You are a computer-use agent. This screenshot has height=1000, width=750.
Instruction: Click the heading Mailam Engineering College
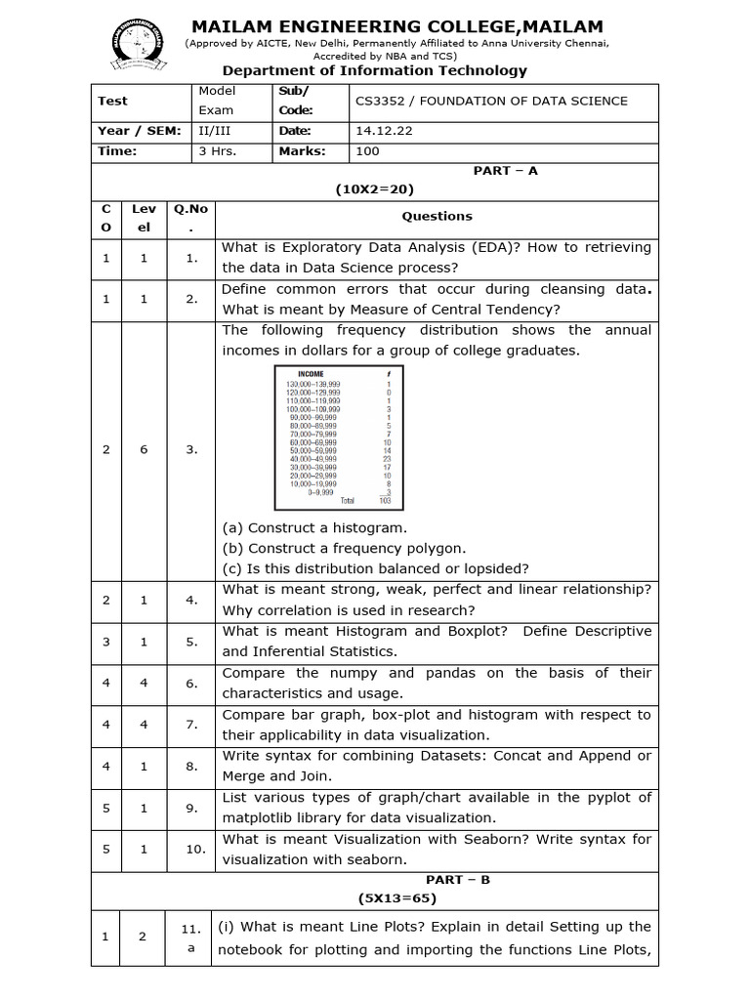point(396,26)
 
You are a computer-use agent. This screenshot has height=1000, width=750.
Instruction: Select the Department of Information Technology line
point(374,70)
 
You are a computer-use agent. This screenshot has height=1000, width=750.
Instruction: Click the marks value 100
point(368,151)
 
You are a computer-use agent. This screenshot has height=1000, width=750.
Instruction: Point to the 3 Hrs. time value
point(218,151)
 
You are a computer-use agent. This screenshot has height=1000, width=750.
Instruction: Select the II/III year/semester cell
point(216,131)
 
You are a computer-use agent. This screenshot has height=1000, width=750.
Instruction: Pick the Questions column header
point(437,217)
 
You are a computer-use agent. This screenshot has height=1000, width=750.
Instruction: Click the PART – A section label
point(505,171)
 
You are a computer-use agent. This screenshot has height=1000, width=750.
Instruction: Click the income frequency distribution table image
point(338,437)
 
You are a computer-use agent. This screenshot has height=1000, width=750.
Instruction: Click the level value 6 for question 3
point(143,449)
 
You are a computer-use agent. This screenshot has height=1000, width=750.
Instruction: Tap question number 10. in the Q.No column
point(195,849)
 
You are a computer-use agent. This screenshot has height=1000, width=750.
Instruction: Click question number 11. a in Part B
point(190,937)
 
